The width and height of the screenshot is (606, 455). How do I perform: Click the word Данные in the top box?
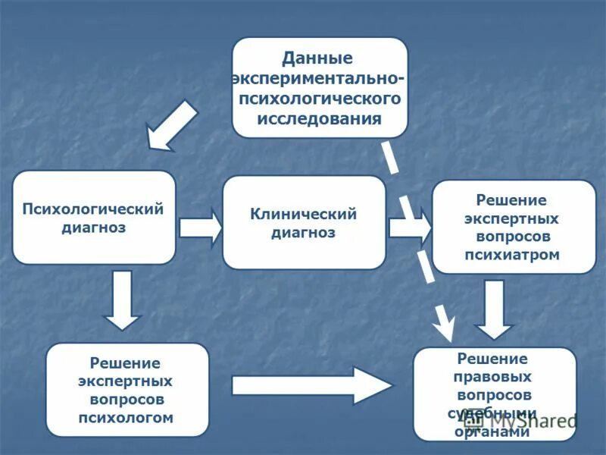tap(317, 58)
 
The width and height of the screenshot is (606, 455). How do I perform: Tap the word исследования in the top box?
tap(319, 119)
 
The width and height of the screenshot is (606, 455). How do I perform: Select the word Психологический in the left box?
tap(93, 209)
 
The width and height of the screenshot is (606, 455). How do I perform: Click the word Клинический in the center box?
tap(304, 215)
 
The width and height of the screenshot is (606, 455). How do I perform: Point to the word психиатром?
tap(512, 255)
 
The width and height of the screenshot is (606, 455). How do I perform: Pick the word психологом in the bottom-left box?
tap(127, 417)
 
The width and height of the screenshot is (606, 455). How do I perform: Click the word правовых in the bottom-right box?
tap(493, 377)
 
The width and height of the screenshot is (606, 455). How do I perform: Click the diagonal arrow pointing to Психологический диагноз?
tap(171, 125)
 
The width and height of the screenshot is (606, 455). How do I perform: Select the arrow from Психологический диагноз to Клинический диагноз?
tap(200, 227)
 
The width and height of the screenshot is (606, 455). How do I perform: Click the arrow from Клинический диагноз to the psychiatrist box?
tap(409, 227)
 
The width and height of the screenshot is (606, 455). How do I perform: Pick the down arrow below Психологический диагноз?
tap(122, 300)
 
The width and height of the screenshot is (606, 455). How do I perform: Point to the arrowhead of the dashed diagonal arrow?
tap(445, 326)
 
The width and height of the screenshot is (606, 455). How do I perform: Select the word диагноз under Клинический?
tap(303, 233)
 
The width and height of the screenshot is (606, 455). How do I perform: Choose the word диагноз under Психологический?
tap(93, 227)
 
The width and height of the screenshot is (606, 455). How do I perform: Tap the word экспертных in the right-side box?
tap(512, 218)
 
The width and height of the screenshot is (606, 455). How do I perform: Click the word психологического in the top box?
tap(319, 99)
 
